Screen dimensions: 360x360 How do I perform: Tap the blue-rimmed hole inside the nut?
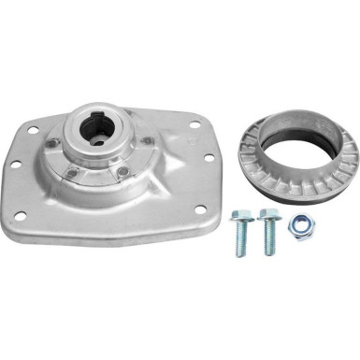click(x=301, y=223)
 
